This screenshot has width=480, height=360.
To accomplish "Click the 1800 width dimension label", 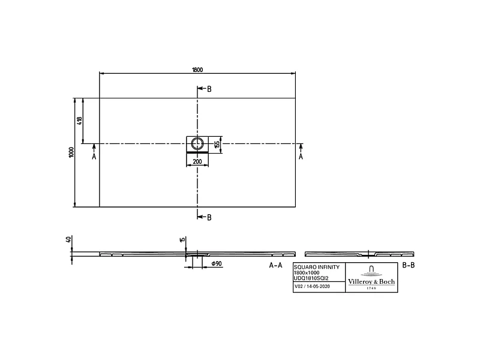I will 197,70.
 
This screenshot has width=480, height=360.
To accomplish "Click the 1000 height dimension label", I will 71,152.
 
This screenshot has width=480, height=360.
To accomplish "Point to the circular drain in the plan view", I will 197,143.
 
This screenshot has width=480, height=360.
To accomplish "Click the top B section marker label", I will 209,89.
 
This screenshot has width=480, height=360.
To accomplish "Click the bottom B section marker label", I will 209,217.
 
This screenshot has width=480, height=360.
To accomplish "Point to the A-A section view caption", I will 275,265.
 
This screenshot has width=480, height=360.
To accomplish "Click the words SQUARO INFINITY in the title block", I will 316,266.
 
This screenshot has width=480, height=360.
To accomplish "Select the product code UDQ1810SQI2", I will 311,277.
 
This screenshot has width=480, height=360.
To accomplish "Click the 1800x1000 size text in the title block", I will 306,272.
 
